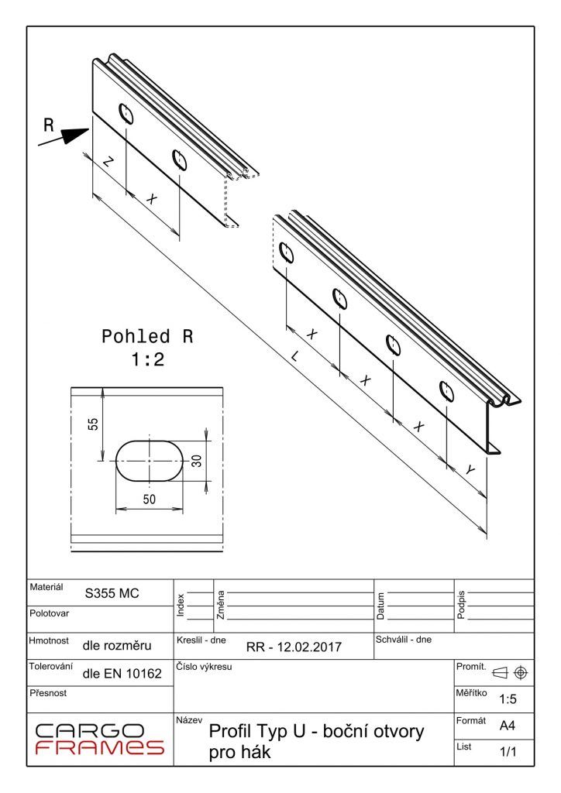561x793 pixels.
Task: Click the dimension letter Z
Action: (x=108, y=162)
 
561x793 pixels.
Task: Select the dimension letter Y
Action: (x=470, y=470)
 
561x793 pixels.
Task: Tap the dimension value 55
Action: (x=93, y=424)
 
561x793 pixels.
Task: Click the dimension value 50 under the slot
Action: (x=150, y=499)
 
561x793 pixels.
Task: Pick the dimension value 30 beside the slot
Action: (x=197, y=461)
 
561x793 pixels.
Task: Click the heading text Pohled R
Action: (x=147, y=338)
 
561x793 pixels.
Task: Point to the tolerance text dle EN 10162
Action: (x=122, y=674)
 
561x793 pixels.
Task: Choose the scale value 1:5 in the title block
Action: (x=508, y=699)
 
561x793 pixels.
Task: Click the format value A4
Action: (x=508, y=726)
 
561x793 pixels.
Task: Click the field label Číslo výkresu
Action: (x=205, y=666)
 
